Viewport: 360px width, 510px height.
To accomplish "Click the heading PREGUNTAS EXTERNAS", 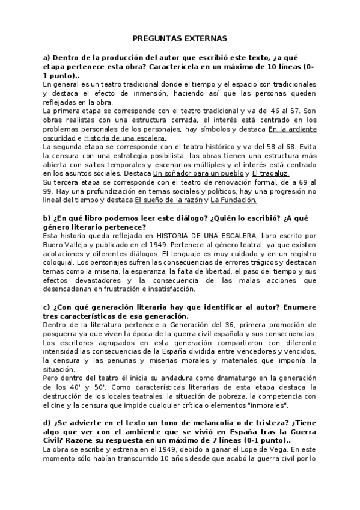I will click(179, 38).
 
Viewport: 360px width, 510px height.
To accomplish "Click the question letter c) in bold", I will click(46, 307).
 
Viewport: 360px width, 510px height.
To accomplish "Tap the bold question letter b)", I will click(46, 218).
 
